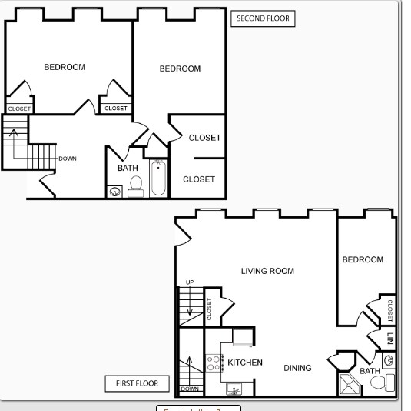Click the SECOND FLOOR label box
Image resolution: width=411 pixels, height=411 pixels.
tap(263, 18)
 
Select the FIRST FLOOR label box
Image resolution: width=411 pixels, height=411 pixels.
tap(137, 383)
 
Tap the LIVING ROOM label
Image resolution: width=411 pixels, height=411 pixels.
tap(267, 271)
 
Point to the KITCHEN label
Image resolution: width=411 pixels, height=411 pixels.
tap(246, 363)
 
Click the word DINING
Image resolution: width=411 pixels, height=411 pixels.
tap(298, 368)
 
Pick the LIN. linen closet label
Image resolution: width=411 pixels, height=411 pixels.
tap(390, 338)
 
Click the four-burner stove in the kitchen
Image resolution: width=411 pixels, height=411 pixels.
tap(214, 363)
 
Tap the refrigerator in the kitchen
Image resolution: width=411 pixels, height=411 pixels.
tap(242, 336)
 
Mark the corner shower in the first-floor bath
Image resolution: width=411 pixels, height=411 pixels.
tap(348, 384)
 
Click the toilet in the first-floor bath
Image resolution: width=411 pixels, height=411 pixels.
tap(389, 383)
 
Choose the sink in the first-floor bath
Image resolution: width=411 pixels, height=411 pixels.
tap(389, 359)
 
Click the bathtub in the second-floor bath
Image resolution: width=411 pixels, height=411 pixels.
tap(159, 177)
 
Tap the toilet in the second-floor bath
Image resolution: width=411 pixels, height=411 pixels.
tap(136, 185)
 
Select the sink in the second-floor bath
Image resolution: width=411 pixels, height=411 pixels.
tap(114, 191)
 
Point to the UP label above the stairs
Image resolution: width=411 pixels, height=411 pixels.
tap(190, 282)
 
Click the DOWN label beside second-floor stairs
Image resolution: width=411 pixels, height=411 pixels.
tap(68, 159)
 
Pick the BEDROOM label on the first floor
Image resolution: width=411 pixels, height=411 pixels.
tap(363, 259)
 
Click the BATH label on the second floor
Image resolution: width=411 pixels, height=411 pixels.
tap(128, 168)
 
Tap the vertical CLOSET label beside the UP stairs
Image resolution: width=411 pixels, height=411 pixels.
tap(210, 309)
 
